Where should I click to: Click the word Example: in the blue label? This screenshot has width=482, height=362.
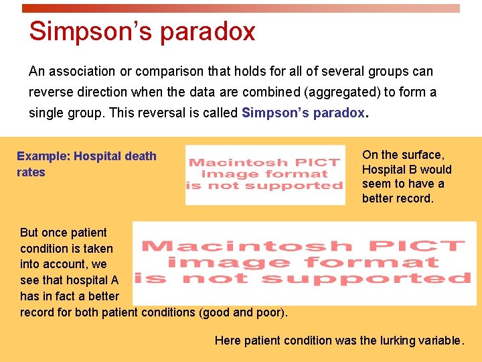(44, 156)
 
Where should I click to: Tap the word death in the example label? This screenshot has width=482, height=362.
(140, 156)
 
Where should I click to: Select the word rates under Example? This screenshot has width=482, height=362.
(31, 172)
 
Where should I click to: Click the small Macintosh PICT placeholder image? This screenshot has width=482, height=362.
(265, 174)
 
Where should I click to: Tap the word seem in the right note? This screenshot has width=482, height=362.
(376, 184)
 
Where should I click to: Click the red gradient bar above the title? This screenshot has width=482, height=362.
(241, 9)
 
